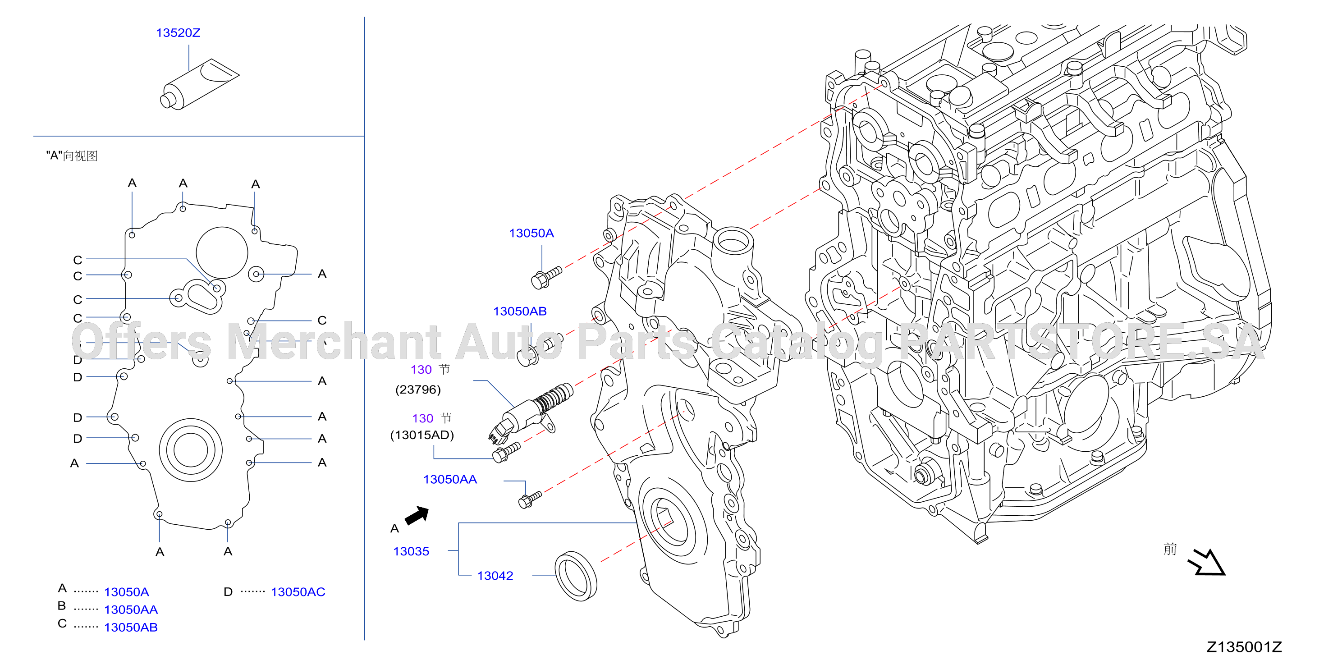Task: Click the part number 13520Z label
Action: click(x=178, y=32)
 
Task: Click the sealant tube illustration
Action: click(x=200, y=84)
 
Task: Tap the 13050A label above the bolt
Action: click(x=531, y=234)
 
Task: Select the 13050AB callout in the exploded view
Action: click(x=519, y=312)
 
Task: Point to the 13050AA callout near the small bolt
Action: click(x=450, y=480)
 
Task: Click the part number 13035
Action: click(x=411, y=551)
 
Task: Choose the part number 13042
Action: click(x=495, y=576)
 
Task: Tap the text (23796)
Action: click(x=418, y=389)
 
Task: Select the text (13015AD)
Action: click(x=422, y=435)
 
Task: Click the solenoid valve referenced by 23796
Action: click(x=531, y=413)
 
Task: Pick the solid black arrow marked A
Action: click(x=417, y=515)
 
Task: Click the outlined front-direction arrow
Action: click(x=1207, y=563)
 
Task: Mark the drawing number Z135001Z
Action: click(x=1244, y=647)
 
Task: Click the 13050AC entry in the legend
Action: click(x=298, y=592)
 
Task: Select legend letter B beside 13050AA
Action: click(x=62, y=606)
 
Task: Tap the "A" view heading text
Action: click(x=72, y=156)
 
